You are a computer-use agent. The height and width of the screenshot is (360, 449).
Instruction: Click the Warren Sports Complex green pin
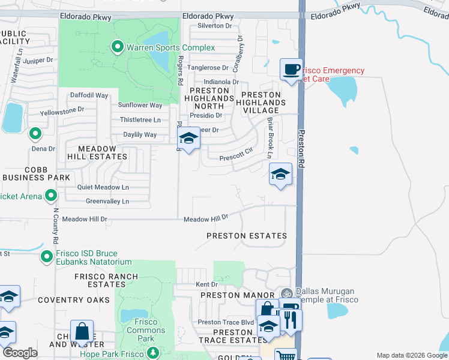click(118, 46)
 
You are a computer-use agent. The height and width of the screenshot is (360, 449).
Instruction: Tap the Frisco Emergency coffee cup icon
click(291, 69)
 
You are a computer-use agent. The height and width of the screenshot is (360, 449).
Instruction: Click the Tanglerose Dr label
click(208, 68)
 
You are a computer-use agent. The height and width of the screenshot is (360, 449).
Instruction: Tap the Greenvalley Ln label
click(107, 201)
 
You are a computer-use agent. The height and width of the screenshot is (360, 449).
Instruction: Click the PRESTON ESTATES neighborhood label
click(246, 236)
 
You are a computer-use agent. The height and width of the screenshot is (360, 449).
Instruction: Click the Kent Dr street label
click(205, 284)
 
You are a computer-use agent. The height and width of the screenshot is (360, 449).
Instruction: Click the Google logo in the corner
click(20, 353)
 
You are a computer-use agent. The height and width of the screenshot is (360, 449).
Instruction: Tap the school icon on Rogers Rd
click(188, 139)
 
